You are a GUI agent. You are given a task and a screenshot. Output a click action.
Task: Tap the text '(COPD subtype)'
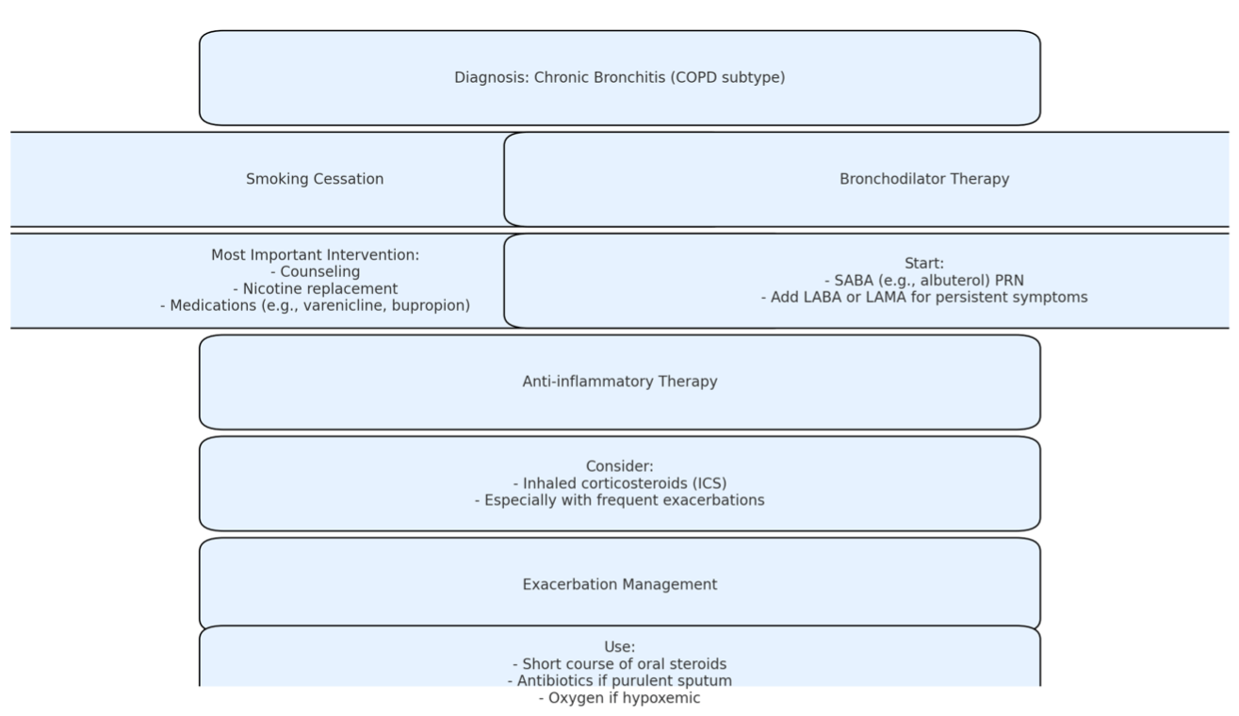tap(727, 77)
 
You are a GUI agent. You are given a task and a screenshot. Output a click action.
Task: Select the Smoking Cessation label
tap(315, 179)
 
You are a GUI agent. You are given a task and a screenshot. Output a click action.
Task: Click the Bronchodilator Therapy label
tap(924, 179)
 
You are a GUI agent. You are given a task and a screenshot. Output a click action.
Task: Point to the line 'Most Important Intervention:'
tap(316, 255)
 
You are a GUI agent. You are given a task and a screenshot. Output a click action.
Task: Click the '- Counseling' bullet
tap(316, 272)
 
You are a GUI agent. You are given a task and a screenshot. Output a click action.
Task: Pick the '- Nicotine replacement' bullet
tap(316, 288)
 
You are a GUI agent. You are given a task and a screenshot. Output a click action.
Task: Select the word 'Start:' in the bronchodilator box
tap(924, 263)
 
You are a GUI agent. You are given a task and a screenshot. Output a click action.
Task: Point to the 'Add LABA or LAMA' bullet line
tap(924, 298)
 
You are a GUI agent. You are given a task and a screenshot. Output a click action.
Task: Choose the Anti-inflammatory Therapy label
tap(620, 382)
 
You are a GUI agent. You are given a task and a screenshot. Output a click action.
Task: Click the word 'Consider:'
tap(620, 466)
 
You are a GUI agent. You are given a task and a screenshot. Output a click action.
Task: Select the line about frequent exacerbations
tap(620, 500)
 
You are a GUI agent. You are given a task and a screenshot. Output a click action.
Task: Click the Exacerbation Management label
tap(620, 584)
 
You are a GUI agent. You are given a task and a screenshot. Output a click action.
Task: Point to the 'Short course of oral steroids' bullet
tap(620, 664)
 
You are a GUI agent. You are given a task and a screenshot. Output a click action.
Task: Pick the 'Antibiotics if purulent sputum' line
tap(620, 680)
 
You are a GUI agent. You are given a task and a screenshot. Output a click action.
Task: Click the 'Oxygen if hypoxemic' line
tap(620, 698)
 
